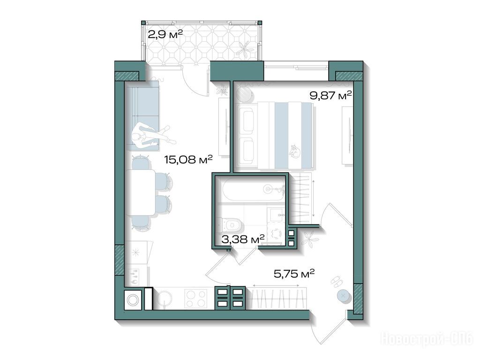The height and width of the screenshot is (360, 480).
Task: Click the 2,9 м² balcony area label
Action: tap(165, 34)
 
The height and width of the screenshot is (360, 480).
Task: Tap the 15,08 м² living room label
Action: tap(188, 159)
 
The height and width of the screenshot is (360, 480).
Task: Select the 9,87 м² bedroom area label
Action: tap(330, 96)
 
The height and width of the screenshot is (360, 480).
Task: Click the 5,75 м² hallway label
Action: tap(294, 273)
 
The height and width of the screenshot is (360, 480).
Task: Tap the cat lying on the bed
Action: tap(295, 151)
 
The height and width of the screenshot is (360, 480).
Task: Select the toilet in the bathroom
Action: tap(230, 225)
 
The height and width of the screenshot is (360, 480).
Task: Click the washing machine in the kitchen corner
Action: tap(134, 300)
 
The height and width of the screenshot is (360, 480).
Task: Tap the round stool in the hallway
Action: tap(343, 296)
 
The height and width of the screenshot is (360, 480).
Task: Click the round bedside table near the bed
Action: tap(244, 94)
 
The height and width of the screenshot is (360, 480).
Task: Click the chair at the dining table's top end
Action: tap(141, 162)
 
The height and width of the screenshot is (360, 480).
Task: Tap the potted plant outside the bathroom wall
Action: tap(310, 239)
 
